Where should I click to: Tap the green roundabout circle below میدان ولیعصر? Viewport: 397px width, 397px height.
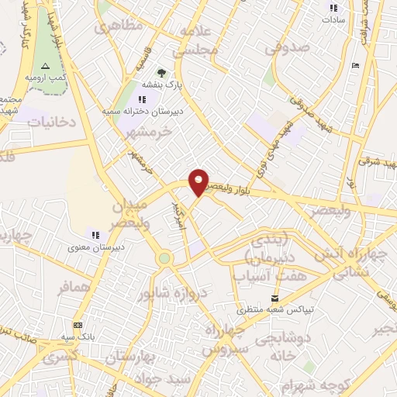164,258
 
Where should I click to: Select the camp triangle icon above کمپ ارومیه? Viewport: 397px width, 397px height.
45,66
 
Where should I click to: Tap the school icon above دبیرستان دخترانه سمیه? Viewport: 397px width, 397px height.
141,99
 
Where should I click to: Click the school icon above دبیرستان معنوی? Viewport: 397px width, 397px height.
95,234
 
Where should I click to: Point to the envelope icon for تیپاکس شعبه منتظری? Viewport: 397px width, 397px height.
274,299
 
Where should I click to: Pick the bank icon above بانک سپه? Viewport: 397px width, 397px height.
78,326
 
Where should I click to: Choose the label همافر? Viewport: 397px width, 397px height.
74,288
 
